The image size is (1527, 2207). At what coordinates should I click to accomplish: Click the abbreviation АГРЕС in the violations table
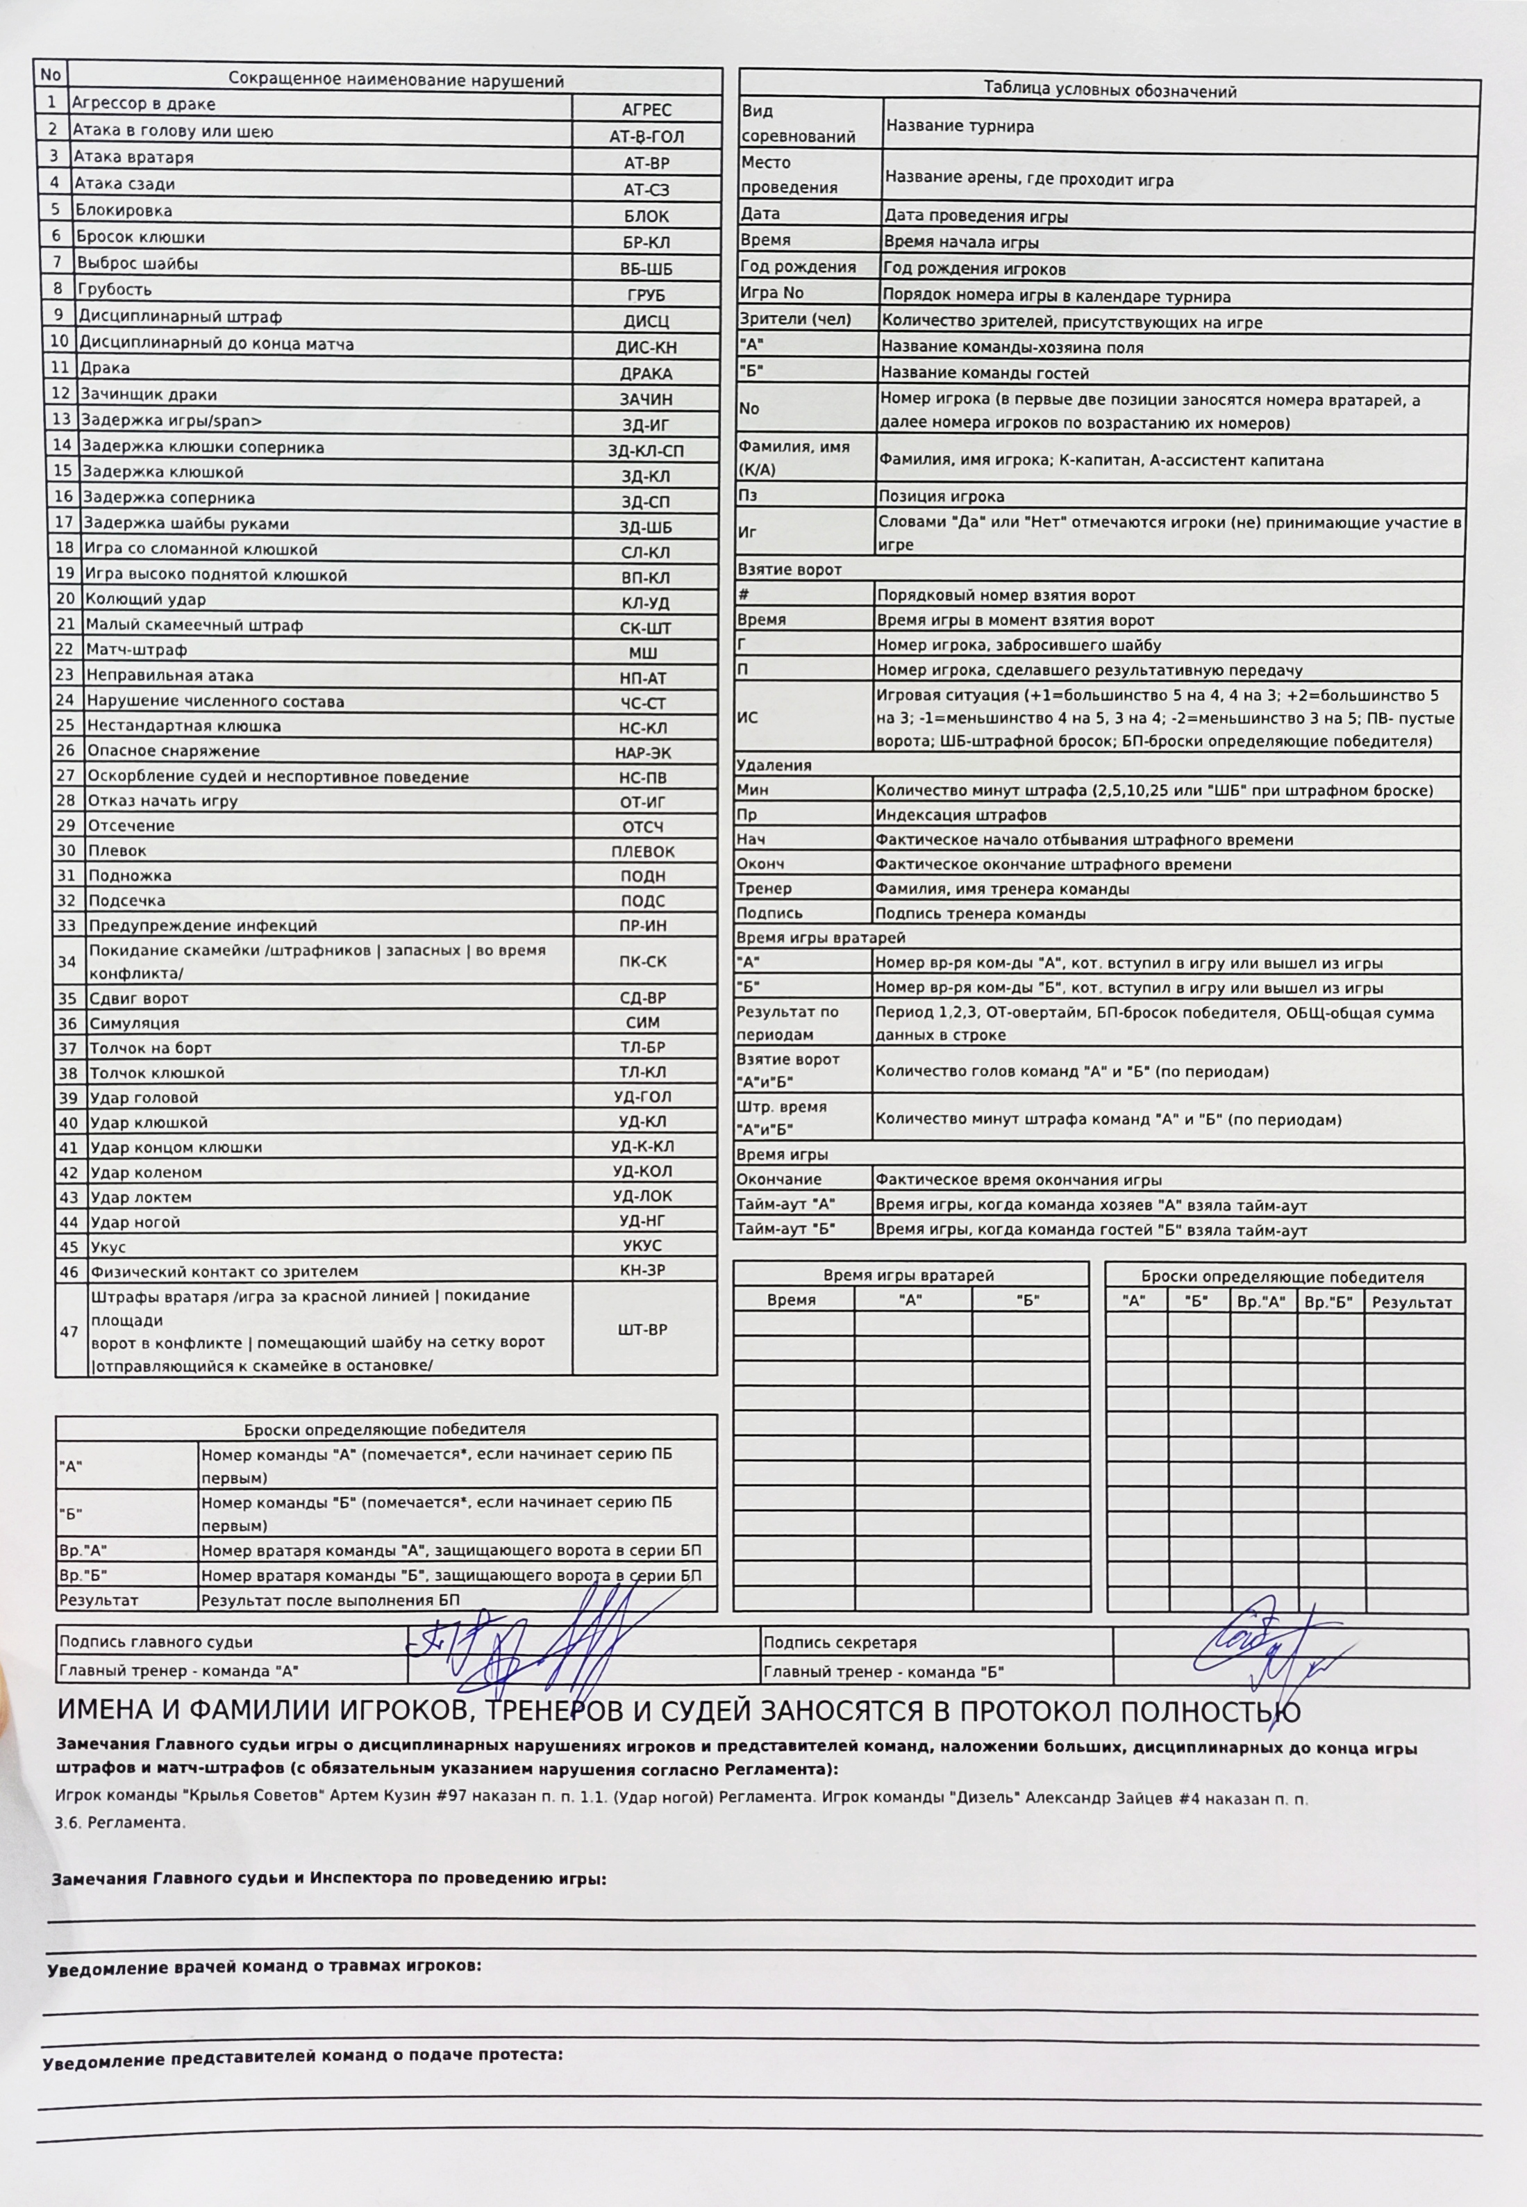point(646,110)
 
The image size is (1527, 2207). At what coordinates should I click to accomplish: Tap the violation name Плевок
point(117,850)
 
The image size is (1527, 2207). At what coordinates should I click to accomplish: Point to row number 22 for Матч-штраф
point(65,650)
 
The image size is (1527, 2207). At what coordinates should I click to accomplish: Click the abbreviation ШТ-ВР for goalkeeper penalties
point(643,1330)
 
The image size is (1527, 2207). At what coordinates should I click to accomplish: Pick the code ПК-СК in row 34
point(643,961)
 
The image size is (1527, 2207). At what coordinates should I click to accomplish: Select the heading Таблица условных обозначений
point(1110,91)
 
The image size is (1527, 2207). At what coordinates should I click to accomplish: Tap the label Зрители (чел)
point(795,320)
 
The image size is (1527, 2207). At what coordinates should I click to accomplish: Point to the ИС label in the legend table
point(747,718)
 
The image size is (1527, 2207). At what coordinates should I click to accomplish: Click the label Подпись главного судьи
point(156,1642)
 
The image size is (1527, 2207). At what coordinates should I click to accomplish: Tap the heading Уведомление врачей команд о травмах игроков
point(264,1966)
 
